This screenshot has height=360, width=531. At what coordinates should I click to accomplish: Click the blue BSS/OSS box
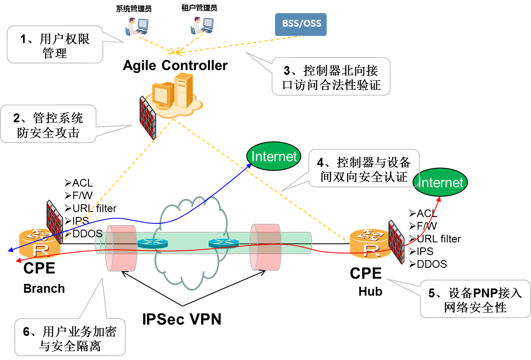[x=300, y=24]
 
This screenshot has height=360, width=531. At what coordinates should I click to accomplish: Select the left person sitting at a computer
[x=136, y=26]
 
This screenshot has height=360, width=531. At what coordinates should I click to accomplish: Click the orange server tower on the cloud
[x=184, y=90]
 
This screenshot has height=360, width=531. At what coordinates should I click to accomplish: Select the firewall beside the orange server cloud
[x=147, y=117]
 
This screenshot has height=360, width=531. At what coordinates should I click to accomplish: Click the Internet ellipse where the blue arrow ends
[x=274, y=156]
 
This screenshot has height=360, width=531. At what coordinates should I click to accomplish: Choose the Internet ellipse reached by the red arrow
[x=440, y=182]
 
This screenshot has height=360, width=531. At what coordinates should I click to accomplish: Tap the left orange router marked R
[x=39, y=244]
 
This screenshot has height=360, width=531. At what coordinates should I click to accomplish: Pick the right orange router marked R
[x=371, y=244]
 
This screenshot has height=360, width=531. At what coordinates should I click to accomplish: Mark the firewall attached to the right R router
[x=396, y=242]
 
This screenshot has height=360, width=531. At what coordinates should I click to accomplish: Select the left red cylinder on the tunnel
[x=121, y=248]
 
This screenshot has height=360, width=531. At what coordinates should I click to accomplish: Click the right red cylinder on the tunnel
[x=265, y=247]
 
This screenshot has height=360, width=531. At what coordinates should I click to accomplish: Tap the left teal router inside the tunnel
[x=152, y=244]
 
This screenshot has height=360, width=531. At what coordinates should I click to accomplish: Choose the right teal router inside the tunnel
[x=223, y=243]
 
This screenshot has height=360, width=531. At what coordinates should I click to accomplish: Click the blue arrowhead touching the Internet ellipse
[x=249, y=165]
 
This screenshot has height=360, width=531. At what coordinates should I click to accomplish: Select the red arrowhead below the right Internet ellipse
[x=439, y=199]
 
